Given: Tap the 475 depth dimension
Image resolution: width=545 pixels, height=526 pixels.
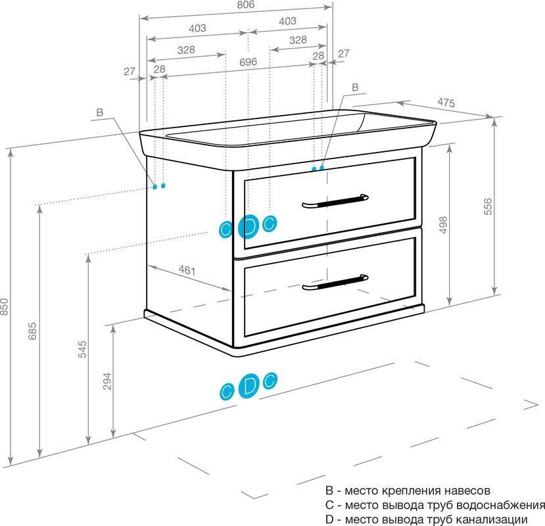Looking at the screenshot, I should [x=446, y=103].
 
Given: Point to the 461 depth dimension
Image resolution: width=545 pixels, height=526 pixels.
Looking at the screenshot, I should [x=188, y=271].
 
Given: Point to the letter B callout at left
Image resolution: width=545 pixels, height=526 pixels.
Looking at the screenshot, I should [x=100, y=113].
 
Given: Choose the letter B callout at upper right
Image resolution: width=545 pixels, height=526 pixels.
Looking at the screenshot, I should [x=355, y=87].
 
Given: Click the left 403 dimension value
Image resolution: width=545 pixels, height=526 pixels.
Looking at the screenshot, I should [x=197, y=28].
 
